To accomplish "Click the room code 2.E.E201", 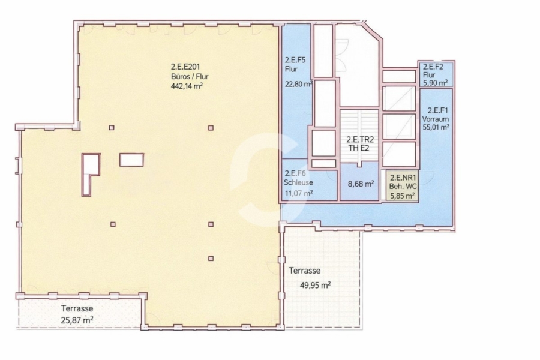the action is pos(185,67).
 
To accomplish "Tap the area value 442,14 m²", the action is pos(187,86).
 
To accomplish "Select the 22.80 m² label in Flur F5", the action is pos(299,83).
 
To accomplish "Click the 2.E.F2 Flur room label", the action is pos(433,71).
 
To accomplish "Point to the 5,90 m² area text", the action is pos(436,82).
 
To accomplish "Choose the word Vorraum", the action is pos(436,119).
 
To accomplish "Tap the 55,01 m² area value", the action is pos(436,127).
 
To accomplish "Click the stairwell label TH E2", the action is pos(359,148).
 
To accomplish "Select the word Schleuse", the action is pos(298,182).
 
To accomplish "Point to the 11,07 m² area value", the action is pos(299,193).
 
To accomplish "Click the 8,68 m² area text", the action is pos(361,184).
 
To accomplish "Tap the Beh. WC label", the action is pos(403,187).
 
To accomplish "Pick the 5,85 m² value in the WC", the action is pos(402,196).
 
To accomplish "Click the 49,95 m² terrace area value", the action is pos(316,285).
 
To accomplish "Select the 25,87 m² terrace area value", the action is pos(77,320).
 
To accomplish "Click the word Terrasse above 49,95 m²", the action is pos(305,271).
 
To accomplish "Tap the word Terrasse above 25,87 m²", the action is pos(77,308).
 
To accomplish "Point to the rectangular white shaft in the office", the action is pos(131,160).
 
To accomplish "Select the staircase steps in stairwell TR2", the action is pos(359,136).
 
